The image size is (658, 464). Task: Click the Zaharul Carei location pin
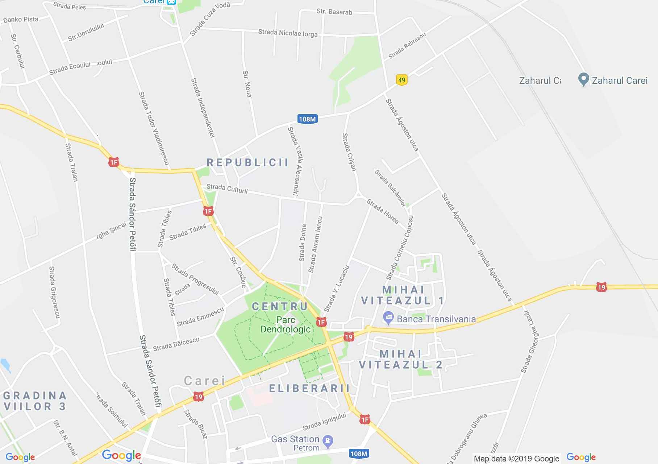click(x=583, y=80)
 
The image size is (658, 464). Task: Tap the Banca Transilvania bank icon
click(x=388, y=319)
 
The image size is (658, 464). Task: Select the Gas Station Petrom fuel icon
click(x=328, y=441)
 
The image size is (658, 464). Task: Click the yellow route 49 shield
click(x=401, y=80)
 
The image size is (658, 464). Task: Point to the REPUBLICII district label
click(x=247, y=162)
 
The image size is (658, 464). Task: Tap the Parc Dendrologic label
click(x=286, y=324)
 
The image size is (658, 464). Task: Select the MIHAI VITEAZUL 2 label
click(x=401, y=359)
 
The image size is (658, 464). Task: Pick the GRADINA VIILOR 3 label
click(x=35, y=401)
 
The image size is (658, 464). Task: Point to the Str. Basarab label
click(x=334, y=12)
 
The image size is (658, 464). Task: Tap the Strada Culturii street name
click(x=227, y=188)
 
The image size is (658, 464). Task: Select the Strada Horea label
click(x=383, y=211)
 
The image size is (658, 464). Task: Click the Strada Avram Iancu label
click(x=315, y=245)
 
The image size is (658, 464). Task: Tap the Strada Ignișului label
click(x=324, y=422)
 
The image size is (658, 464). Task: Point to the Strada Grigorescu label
click(x=54, y=292)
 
